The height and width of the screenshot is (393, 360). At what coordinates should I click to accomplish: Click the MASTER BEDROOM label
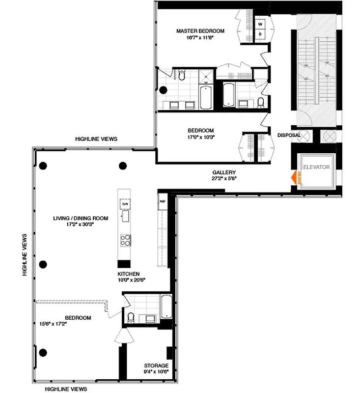(x=200, y=31)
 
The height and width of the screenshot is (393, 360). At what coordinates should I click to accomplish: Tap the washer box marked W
(x=260, y=23)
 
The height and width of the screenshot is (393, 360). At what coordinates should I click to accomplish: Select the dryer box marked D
(x=260, y=34)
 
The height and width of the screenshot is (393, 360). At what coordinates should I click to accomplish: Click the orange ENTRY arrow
(x=295, y=177)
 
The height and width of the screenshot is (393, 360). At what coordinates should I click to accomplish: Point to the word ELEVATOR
(x=316, y=168)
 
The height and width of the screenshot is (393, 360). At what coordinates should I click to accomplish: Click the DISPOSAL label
(x=289, y=135)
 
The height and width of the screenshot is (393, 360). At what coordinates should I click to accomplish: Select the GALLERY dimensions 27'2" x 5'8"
(x=224, y=179)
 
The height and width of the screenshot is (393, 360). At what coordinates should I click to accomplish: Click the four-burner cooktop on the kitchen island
(x=125, y=240)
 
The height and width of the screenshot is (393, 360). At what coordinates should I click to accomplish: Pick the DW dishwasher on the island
(x=125, y=203)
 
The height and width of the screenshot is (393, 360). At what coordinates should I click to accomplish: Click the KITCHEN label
(x=128, y=274)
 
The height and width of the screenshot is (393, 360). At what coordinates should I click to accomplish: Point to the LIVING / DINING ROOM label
(x=81, y=218)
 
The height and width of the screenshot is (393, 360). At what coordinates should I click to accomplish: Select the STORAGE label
(x=156, y=365)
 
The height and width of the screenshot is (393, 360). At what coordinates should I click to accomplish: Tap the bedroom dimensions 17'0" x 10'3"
(x=201, y=138)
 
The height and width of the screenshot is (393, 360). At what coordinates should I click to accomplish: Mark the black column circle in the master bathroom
(x=163, y=89)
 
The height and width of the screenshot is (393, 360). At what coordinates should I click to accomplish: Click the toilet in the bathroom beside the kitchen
(x=131, y=317)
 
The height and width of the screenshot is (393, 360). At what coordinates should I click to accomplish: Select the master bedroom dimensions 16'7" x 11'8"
(x=200, y=37)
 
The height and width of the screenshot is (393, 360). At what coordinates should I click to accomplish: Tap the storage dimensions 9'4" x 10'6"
(x=156, y=372)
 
